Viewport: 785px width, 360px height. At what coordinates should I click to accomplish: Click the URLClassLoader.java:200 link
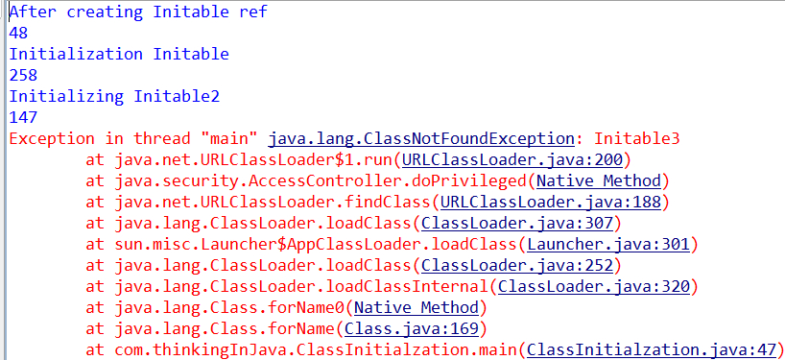[x=512, y=159]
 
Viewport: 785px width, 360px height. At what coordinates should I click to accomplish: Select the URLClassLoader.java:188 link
[x=551, y=202]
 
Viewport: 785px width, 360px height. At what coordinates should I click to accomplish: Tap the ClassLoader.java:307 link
[x=517, y=223]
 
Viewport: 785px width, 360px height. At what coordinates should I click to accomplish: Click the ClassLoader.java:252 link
[x=517, y=265]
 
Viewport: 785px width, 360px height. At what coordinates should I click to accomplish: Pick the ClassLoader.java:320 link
[x=594, y=286]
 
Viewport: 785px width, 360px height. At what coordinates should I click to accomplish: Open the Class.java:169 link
[x=412, y=328]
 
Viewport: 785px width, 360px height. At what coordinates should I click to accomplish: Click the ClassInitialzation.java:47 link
[x=652, y=349]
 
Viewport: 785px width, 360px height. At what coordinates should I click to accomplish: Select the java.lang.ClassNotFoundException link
[x=421, y=138]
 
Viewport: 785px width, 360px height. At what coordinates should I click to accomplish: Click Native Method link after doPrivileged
[x=599, y=180]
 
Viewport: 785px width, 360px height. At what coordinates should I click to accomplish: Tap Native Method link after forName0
[x=416, y=307]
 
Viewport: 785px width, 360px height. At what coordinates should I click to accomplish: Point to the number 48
[x=18, y=33]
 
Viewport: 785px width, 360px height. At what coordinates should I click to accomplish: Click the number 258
[x=24, y=75]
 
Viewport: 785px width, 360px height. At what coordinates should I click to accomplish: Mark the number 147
[x=24, y=117]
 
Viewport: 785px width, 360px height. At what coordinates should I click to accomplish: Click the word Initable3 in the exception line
[x=637, y=138]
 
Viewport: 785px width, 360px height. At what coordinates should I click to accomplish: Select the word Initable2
[x=177, y=96]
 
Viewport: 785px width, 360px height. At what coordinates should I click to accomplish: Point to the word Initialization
[x=76, y=54]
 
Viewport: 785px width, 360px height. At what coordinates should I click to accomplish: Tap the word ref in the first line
[x=253, y=12]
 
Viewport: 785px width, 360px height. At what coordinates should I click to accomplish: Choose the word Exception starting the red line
[x=52, y=138]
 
